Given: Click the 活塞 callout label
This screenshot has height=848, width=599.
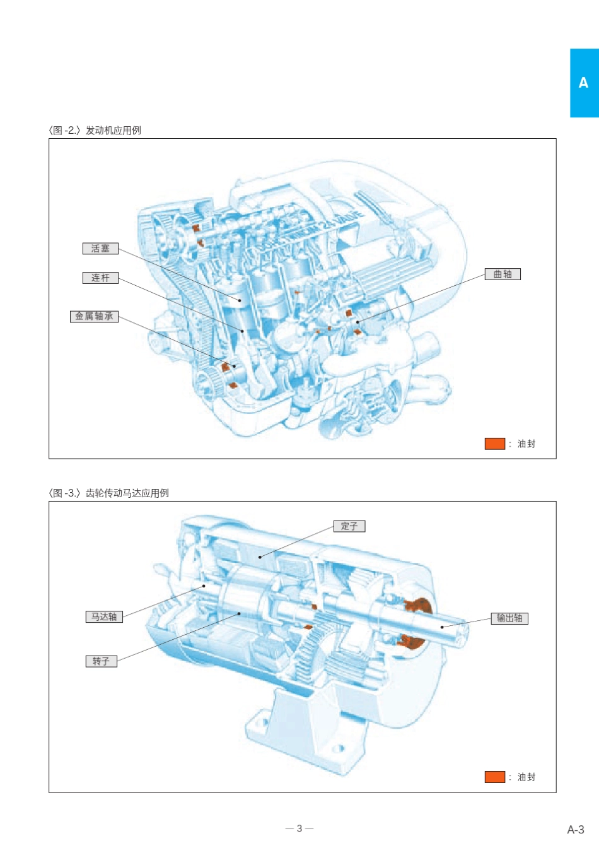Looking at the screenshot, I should pyautogui.click(x=100, y=249).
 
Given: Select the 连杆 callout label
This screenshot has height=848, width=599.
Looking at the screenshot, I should pyautogui.click(x=100, y=278).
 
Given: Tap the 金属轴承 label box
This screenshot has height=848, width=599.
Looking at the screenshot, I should pyautogui.click(x=94, y=316).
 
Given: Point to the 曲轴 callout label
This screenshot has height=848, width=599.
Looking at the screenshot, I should pyautogui.click(x=503, y=274).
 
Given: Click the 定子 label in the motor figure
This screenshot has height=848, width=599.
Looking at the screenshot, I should pyautogui.click(x=349, y=526).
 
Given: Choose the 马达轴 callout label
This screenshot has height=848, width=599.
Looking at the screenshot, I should pyautogui.click(x=104, y=616).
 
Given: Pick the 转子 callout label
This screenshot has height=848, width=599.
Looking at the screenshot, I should pyautogui.click(x=101, y=661).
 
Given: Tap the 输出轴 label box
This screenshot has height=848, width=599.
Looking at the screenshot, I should pyautogui.click(x=509, y=618).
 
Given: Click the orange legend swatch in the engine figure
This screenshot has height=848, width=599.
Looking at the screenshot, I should pyautogui.click(x=494, y=444).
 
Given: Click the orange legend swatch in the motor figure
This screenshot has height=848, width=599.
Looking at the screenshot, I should pyautogui.click(x=494, y=777).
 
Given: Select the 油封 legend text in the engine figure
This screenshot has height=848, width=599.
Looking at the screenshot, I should pyautogui.click(x=526, y=444).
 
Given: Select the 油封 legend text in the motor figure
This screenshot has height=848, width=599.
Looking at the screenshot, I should pyautogui.click(x=526, y=777).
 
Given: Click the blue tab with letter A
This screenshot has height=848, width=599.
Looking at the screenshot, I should pyautogui.click(x=584, y=83).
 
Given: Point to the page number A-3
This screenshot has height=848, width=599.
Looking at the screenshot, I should pyautogui.click(x=575, y=830).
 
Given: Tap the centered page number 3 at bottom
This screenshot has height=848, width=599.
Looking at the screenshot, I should pyautogui.click(x=299, y=828).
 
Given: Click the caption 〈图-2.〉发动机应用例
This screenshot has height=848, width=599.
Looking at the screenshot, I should pyautogui.click(x=95, y=130).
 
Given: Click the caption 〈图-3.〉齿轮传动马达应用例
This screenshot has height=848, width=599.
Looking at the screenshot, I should pyautogui.click(x=108, y=493).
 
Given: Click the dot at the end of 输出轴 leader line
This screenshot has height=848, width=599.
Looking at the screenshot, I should pyautogui.click(x=443, y=627).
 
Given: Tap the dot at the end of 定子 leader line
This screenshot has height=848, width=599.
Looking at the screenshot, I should pyautogui.click(x=260, y=557).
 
